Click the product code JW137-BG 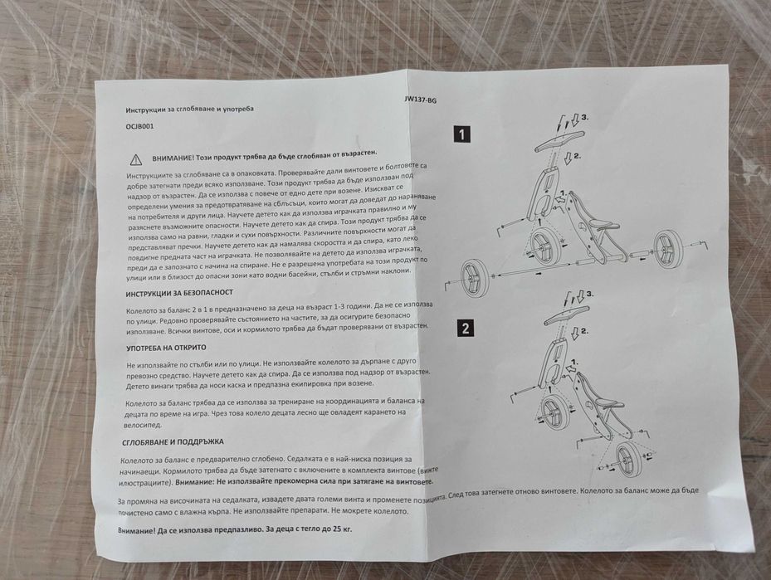point(421,100)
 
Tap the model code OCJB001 point(140,126)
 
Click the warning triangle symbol point(136,159)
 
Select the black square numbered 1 point(461,134)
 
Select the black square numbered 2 point(465,328)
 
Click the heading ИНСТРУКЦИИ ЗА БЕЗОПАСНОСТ point(179,294)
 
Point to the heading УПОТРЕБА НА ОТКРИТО point(166,348)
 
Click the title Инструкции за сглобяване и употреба point(190,110)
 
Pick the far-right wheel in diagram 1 point(666,249)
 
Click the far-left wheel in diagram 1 point(475,279)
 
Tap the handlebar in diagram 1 point(559,141)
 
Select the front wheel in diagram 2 point(556,417)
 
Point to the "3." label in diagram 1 point(585,118)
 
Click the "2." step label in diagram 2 point(584,331)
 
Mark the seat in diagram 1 point(601,225)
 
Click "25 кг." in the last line point(339,529)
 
